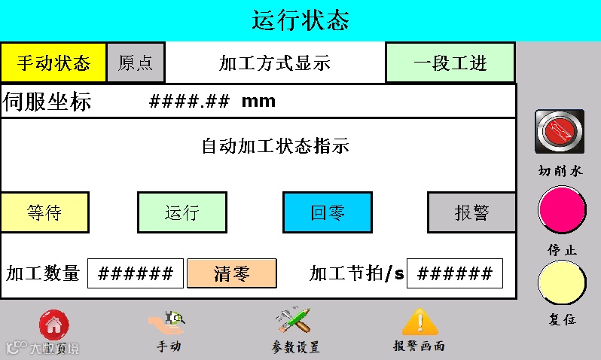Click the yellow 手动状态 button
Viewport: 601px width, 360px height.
(x=53, y=63)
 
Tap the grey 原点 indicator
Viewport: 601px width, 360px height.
(x=136, y=63)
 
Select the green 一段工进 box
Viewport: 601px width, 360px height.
(x=450, y=63)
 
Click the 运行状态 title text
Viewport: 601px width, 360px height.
(x=300, y=20)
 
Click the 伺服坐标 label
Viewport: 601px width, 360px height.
(x=47, y=102)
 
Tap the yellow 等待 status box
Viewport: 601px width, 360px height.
(x=44, y=212)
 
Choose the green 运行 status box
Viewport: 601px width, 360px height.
(x=182, y=212)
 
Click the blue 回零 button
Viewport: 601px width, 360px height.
(x=328, y=212)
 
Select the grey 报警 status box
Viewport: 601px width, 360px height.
(x=472, y=212)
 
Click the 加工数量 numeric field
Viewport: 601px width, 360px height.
(x=136, y=273)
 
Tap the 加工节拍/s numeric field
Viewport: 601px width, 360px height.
(x=454, y=273)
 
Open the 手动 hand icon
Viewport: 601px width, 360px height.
(x=167, y=323)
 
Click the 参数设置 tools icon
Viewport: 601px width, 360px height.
(x=294, y=322)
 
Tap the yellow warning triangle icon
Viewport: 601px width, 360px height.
(x=419, y=322)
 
